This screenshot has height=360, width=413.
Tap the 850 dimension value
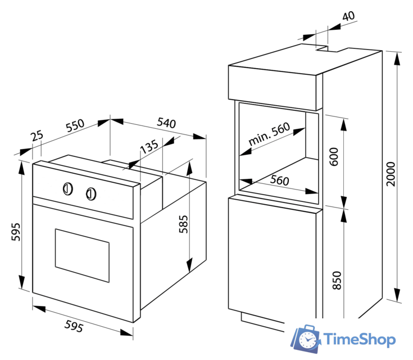tap(337, 280)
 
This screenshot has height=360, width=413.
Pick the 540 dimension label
tap(166, 123)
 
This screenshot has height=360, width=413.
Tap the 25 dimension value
tap(37, 136)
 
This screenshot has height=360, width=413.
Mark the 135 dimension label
tap(149, 147)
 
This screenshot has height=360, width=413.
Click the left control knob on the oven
tap(67, 188)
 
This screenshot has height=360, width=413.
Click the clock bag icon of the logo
tap(306, 338)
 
